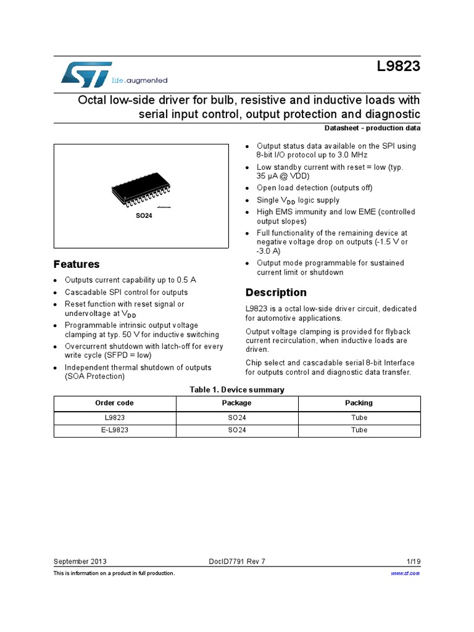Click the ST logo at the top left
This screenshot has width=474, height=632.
[x=86, y=74]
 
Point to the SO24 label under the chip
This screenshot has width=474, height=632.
[x=144, y=215]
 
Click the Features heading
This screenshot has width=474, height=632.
[x=77, y=264]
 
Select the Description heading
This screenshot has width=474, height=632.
[x=276, y=293]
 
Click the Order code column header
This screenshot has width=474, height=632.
[x=114, y=403]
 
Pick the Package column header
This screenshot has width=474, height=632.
[x=237, y=403]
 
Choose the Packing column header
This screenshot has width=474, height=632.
[x=359, y=403]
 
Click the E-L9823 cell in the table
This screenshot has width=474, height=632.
[x=115, y=430]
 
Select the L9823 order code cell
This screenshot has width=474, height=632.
[x=115, y=418]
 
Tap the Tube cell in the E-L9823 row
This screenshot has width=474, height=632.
[x=359, y=430]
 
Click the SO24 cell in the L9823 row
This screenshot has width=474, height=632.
[x=237, y=418]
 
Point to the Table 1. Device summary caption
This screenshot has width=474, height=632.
[x=237, y=389]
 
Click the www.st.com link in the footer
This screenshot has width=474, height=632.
[x=405, y=573]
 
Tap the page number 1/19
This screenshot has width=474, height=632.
[x=414, y=561]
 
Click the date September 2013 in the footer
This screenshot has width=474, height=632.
[x=80, y=561]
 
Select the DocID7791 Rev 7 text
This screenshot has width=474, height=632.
[x=238, y=561]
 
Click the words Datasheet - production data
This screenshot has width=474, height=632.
[x=372, y=128]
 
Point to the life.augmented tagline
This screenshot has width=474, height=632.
[x=139, y=80]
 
